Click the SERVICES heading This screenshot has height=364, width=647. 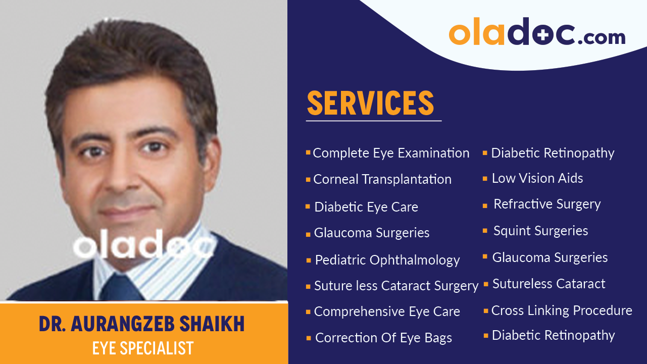pos(370,103)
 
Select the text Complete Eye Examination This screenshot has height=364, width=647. pos(391,153)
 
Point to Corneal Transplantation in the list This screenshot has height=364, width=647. pos(382,179)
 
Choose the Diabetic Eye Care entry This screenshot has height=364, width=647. pos(366,207)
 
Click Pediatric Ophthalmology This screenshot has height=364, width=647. pos(387,260)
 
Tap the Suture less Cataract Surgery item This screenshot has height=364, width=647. pos(396,286)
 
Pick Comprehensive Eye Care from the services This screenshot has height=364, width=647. pos(387,311)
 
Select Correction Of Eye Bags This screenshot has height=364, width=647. pos(383,338)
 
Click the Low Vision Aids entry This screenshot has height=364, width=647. pos(537,178)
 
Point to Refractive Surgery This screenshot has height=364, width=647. pos(547,204)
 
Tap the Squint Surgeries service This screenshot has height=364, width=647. pos(540,231)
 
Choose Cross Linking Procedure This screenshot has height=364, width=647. pos(562,310)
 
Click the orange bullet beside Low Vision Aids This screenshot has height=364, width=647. pos(485,179)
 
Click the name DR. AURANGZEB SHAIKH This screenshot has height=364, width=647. pos(142,324)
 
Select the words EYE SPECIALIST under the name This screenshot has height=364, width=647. pos(143,348)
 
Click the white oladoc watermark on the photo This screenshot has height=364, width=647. pos(144,247)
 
